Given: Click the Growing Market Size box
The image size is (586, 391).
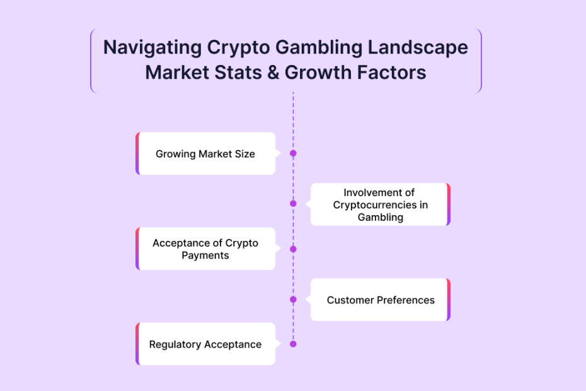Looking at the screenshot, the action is (x=205, y=153).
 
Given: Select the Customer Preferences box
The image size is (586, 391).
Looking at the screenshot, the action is (x=381, y=300).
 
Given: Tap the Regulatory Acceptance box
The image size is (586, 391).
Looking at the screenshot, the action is (x=205, y=344).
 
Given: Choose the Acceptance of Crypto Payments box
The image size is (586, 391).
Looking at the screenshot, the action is (x=205, y=249).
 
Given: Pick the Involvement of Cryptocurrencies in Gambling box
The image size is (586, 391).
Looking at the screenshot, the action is (x=381, y=204).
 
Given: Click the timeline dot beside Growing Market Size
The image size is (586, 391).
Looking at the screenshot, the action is (x=294, y=153).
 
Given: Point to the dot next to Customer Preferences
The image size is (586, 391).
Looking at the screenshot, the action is (x=294, y=300).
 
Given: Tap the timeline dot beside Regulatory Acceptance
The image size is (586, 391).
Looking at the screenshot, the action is (x=294, y=344).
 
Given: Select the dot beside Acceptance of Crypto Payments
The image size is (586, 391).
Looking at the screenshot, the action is (x=294, y=249).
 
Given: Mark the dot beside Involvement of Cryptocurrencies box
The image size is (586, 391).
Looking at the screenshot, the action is (x=294, y=204).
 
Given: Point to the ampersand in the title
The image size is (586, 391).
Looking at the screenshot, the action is (x=273, y=73).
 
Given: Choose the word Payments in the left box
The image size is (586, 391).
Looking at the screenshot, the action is (x=205, y=255).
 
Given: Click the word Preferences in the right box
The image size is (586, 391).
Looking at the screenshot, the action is (x=406, y=300).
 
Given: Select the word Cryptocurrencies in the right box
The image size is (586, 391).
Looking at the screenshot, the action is (x=375, y=205).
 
